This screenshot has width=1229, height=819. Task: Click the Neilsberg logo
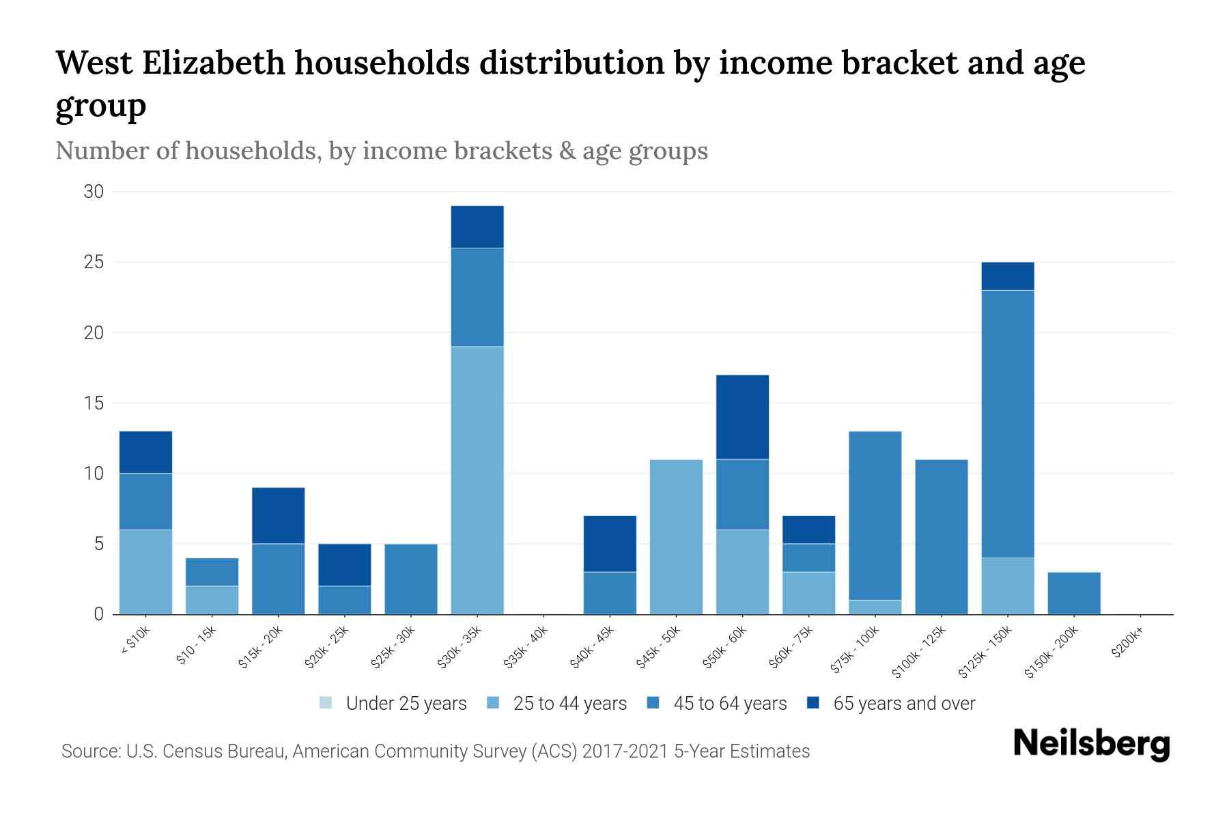(x=1091, y=743)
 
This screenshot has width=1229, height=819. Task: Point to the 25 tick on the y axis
(x=94, y=262)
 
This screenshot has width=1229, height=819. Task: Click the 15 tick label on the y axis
(x=94, y=403)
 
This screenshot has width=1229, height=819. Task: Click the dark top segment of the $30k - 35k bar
(x=477, y=227)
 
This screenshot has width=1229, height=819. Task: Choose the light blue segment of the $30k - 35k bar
(x=477, y=480)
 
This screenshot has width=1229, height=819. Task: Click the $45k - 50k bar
(x=676, y=536)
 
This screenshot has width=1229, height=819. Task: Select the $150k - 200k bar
(x=1074, y=593)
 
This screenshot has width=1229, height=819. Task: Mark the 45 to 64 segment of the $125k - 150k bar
(x=1008, y=424)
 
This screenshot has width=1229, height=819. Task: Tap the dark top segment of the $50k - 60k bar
(x=742, y=417)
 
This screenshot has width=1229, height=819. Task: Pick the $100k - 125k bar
(x=942, y=536)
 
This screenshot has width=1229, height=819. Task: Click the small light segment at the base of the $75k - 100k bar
(x=875, y=607)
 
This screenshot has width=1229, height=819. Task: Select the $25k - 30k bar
(x=411, y=579)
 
